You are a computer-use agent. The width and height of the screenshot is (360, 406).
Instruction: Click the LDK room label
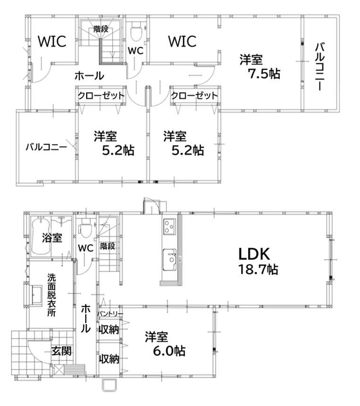[254, 254]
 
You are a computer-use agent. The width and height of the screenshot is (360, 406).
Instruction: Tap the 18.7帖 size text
[258, 269]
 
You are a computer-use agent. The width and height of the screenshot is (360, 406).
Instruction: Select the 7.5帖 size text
[264, 74]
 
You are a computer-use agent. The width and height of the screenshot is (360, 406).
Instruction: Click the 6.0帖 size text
[169, 351]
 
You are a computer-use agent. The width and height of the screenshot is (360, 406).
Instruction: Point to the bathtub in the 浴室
[41, 236]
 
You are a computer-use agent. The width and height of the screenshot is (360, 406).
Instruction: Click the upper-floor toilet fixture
[136, 32]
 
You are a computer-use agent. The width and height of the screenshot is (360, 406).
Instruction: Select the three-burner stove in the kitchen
[169, 227]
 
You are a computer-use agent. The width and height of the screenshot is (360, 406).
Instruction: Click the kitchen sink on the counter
[170, 260]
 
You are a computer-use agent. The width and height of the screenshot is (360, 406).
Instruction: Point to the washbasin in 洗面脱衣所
[37, 296]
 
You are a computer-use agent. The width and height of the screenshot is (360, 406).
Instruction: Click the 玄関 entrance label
[61, 351]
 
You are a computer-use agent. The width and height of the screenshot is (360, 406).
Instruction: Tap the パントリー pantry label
[110, 314]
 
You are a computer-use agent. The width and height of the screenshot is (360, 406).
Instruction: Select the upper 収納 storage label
[109, 330]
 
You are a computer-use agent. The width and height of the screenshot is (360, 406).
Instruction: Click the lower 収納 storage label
[109, 359]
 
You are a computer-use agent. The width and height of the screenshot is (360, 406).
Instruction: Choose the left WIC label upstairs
[52, 41]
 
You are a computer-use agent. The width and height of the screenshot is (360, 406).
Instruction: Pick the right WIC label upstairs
[182, 41]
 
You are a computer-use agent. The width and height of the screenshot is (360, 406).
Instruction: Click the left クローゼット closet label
[101, 96]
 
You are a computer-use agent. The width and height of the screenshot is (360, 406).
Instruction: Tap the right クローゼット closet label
[195, 96]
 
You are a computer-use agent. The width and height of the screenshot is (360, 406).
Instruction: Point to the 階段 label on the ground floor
[108, 246]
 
